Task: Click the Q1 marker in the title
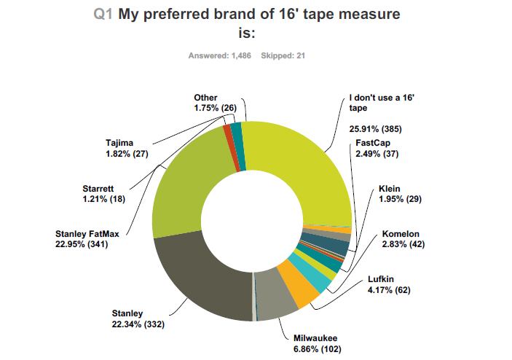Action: point(103,14)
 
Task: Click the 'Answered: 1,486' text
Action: point(220,56)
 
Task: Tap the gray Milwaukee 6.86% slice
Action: point(277,299)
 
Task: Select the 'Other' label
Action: point(206,98)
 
